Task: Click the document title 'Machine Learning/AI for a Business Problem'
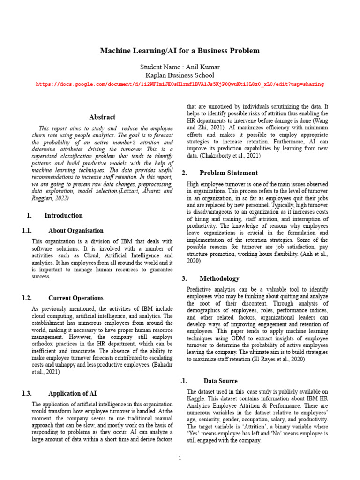(180, 51)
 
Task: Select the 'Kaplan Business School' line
(180, 75)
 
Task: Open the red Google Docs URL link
(180, 84)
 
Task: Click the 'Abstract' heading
(102, 117)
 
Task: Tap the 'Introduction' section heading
(63, 216)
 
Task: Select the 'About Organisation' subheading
(76, 231)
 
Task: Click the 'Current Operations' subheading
(76, 298)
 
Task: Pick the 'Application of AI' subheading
(73, 394)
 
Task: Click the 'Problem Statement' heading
(229, 173)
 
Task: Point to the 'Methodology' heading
(219, 278)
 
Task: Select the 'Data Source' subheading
(220, 381)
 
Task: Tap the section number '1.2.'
(27, 298)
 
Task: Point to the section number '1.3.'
(27, 394)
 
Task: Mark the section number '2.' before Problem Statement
(184, 173)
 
